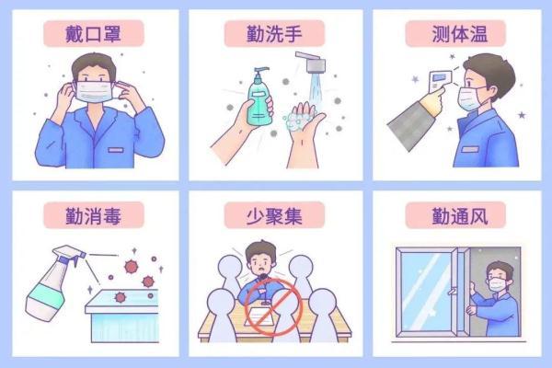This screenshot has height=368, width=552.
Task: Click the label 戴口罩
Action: [93, 34]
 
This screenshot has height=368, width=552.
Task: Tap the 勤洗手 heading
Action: [274, 34]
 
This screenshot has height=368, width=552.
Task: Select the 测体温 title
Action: [460, 34]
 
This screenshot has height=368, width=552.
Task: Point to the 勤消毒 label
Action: [93, 215]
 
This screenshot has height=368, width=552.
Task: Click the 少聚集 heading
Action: [274, 215]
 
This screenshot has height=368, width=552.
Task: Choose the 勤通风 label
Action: [460, 215]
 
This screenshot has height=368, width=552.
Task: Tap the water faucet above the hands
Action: [312, 62]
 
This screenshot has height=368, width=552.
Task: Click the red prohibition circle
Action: [273, 306]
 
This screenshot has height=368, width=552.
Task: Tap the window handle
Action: [452, 292]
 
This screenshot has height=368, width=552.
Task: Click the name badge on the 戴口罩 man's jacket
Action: [116, 150]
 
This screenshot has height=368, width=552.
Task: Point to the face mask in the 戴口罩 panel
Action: [94, 92]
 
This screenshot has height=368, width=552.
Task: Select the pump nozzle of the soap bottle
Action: [260, 71]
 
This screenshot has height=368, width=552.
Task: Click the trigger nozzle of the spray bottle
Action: [71, 255]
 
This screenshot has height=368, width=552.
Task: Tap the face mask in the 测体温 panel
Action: [469, 98]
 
